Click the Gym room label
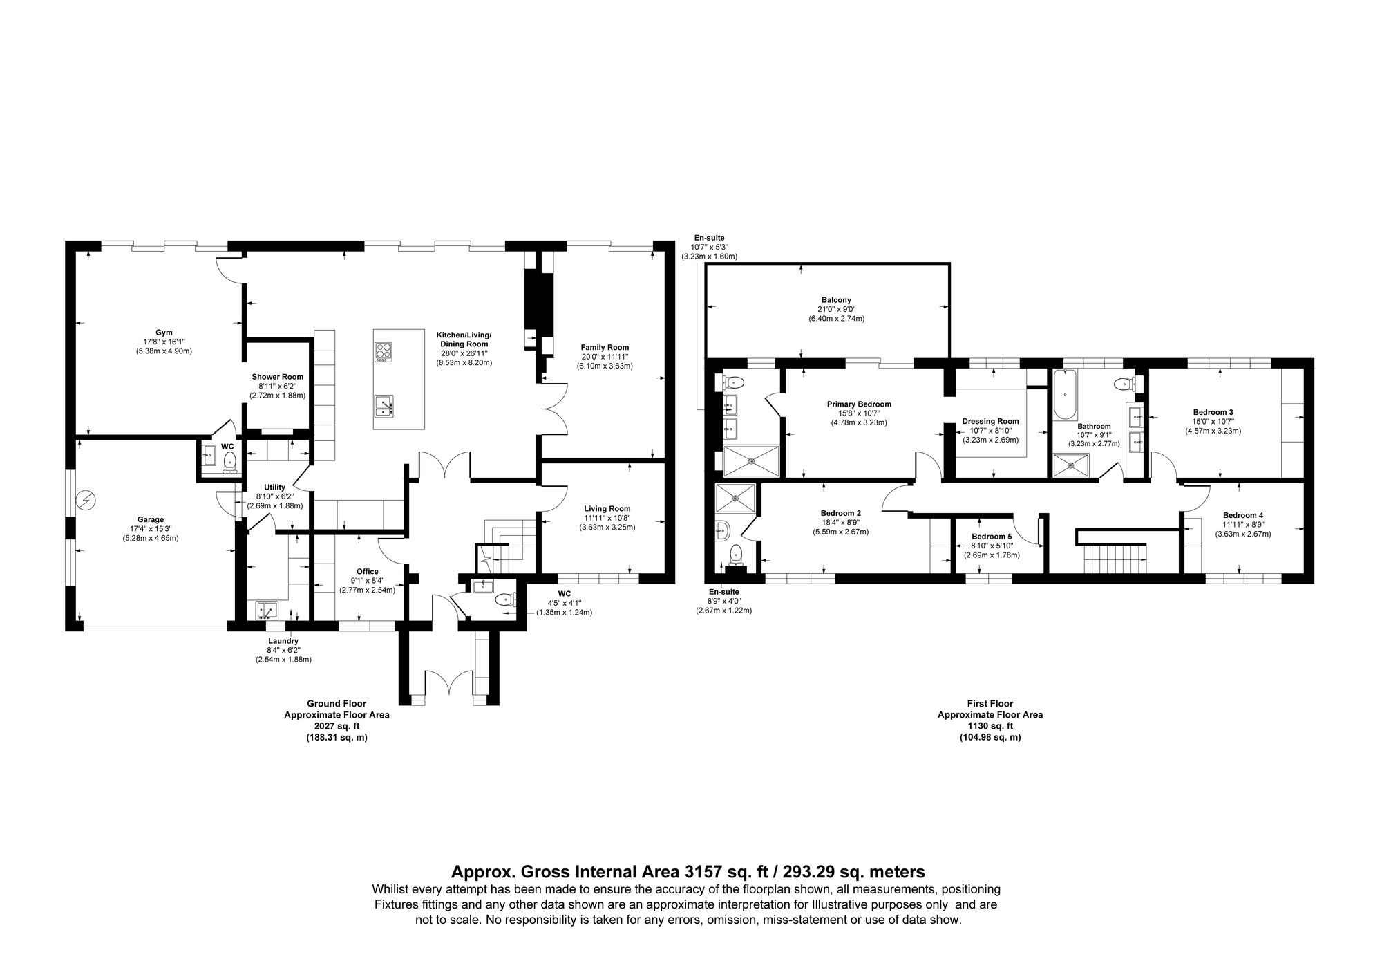coord(164,332)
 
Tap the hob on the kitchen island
coord(383,352)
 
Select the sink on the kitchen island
coord(383,406)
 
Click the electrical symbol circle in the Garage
coord(87,499)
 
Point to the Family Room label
coord(605,347)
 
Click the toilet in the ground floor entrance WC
coord(505,599)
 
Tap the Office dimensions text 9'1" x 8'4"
coord(367,581)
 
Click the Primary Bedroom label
coord(859,404)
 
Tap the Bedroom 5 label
coord(992,536)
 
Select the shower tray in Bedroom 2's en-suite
coord(735,498)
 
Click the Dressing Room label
coord(990,421)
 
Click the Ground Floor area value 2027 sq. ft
coord(337,726)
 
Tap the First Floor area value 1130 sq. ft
coord(990,726)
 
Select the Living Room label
coord(607,508)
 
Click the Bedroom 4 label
coord(1242,515)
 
